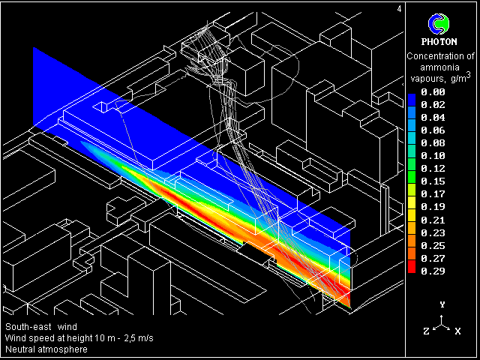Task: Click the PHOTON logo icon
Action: (438, 24)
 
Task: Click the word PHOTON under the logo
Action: (439, 42)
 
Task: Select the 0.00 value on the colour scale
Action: (433, 91)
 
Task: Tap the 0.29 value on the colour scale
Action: (433, 271)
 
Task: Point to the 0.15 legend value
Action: (433, 181)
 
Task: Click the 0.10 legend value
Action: (433, 156)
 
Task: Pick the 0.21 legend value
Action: (433, 220)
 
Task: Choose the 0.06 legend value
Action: (433, 130)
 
